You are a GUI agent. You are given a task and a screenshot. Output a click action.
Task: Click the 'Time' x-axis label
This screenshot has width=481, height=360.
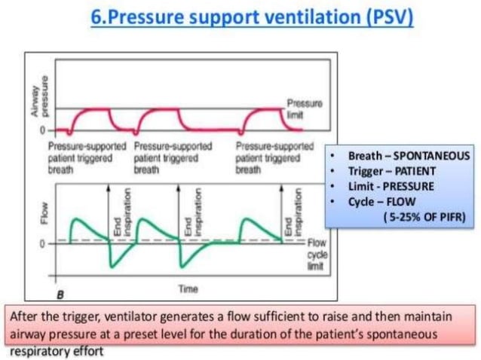(187, 288)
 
